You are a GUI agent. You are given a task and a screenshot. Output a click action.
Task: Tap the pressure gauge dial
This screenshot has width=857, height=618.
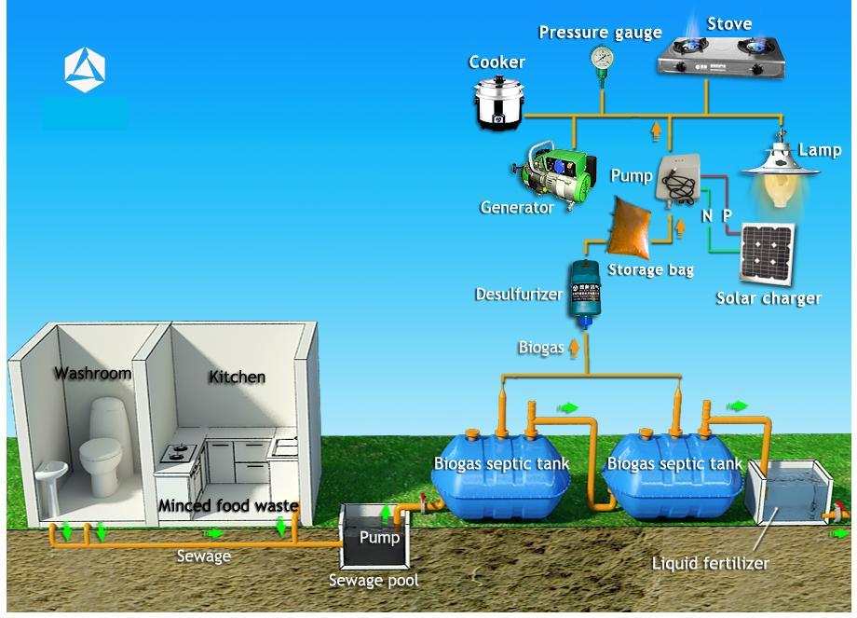pos(602,59)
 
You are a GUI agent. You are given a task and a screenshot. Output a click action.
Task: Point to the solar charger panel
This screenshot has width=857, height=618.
pos(768,253)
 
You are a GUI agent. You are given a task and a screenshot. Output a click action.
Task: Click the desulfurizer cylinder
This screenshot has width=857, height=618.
pos(585,293)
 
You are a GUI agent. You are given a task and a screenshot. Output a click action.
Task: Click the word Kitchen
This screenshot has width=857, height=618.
pos(237,377)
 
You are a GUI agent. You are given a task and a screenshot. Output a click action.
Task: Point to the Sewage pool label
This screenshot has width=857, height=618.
pos(374,581)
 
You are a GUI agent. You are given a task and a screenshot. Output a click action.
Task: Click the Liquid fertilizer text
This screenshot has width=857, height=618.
pos(710,563)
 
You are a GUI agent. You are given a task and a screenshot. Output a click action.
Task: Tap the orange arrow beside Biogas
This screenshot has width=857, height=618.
pos(574,348)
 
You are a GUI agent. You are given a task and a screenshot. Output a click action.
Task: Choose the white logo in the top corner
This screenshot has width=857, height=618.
pos(85,70)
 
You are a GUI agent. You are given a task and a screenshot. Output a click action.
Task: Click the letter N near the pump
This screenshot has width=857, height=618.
pos(707,215)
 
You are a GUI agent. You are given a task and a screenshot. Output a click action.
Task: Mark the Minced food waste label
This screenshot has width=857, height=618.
pos(228,506)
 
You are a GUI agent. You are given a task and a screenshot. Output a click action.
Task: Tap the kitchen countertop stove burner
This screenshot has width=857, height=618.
pos(176,454)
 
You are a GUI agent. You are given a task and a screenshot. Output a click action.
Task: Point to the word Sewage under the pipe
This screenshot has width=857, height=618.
pos(204,556)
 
